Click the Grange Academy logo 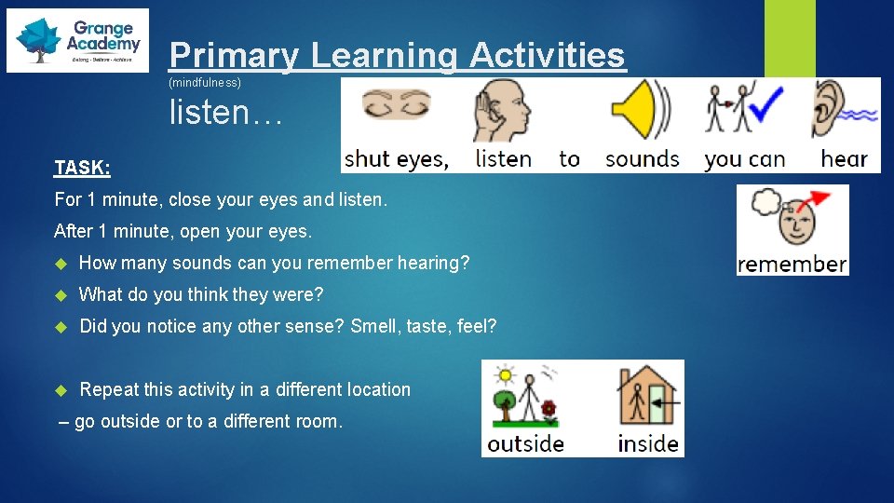[x=77, y=40]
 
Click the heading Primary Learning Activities [x=398, y=55]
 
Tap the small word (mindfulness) [x=204, y=83]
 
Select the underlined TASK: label [x=82, y=168]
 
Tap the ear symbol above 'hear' [x=826, y=110]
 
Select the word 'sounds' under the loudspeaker [x=642, y=158]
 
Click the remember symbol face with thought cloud [x=792, y=219]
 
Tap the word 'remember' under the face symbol [x=792, y=265]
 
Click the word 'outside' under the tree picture [x=525, y=443]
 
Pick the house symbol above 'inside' [x=647, y=396]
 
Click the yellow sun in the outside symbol [x=506, y=374]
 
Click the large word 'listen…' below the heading [x=223, y=113]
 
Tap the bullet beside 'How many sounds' [x=62, y=264]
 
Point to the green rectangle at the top [x=790, y=38]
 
